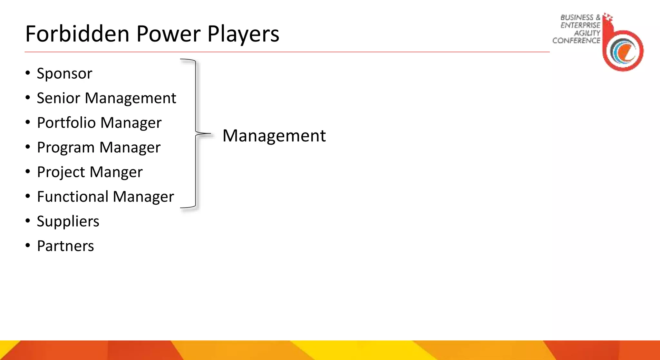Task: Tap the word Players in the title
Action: (x=243, y=34)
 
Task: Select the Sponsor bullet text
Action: (x=64, y=73)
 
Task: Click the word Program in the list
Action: (x=65, y=148)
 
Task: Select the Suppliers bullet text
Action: (x=68, y=221)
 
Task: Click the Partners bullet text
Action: (x=65, y=246)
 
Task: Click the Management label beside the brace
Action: (x=274, y=135)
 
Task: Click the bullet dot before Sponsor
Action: (x=28, y=73)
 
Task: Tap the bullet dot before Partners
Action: (x=28, y=246)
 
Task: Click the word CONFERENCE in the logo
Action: (x=576, y=41)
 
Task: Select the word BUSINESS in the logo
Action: (x=577, y=17)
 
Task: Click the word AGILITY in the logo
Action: (x=587, y=33)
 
